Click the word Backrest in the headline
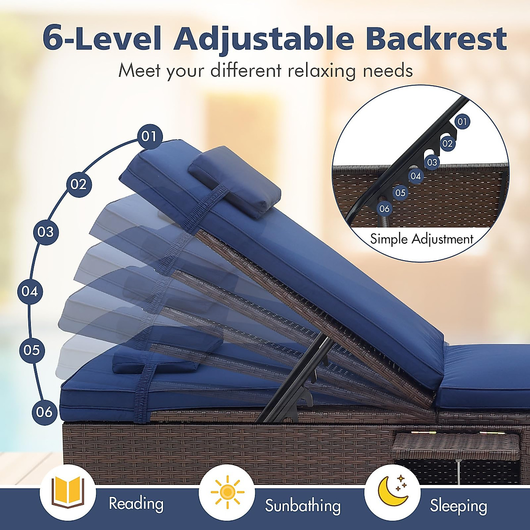436,39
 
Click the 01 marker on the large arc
149,136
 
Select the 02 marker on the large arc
79,184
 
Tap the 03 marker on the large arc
45,231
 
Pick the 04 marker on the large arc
30,291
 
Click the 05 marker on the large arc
32,350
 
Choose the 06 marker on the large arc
44,412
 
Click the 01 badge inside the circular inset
462,121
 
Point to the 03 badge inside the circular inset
432,162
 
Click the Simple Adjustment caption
421,239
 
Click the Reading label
136,504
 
